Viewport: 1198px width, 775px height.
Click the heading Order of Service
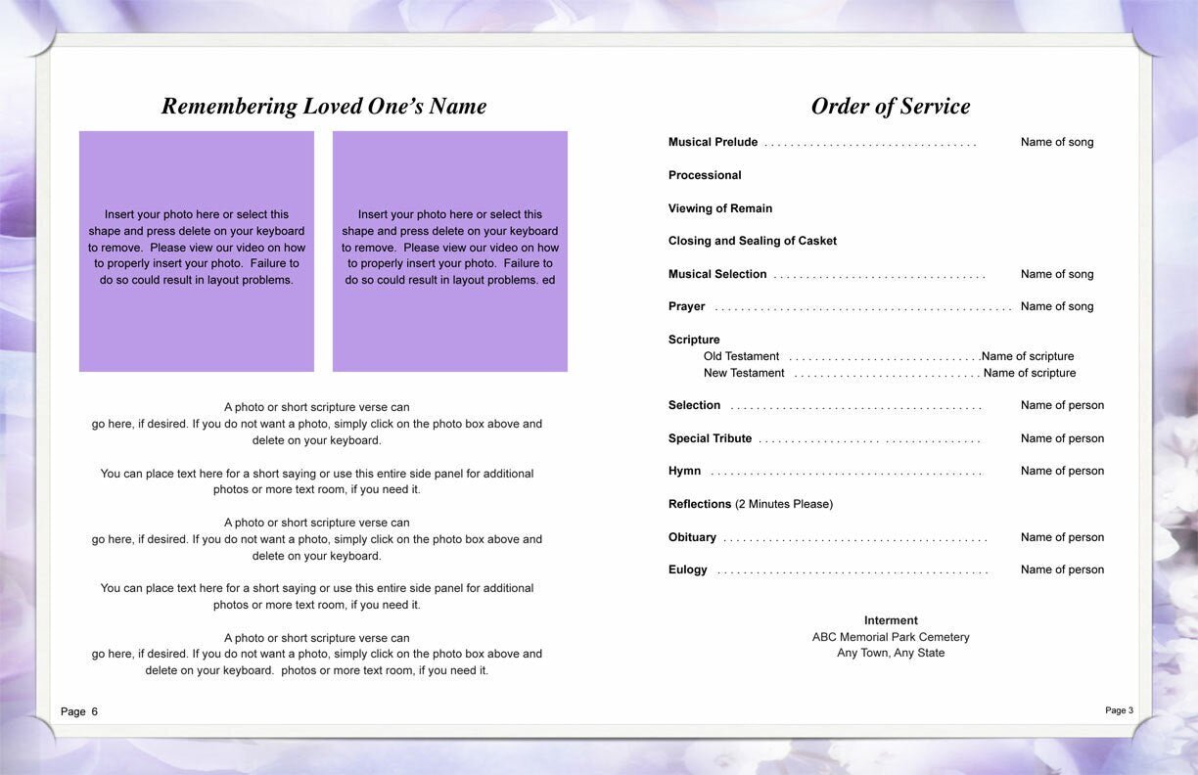click(x=890, y=107)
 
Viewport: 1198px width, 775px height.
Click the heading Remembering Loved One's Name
click(x=323, y=107)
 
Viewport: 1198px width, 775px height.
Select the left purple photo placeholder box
click(x=197, y=251)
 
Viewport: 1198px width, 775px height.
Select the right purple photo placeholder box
click(x=450, y=251)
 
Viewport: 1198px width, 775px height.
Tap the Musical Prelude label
click(x=713, y=143)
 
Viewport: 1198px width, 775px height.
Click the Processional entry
click(x=705, y=175)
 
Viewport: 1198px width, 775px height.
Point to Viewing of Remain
click(x=720, y=208)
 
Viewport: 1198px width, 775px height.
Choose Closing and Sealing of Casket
click(x=753, y=241)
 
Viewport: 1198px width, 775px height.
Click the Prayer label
click(x=686, y=307)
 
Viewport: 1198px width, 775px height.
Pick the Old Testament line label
click(x=741, y=356)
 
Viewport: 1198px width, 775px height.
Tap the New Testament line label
click(x=744, y=373)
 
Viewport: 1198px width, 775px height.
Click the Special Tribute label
click(x=710, y=438)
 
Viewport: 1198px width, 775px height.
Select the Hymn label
click(x=684, y=472)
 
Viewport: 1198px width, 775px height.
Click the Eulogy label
click(x=687, y=570)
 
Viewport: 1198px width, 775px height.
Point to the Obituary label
click(x=692, y=537)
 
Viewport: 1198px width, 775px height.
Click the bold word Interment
click(x=891, y=620)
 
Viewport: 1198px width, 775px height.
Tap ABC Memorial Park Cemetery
click(x=891, y=637)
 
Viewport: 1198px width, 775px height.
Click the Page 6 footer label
click(x=79, y=711)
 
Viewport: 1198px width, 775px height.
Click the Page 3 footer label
click(x=1119, y=710)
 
